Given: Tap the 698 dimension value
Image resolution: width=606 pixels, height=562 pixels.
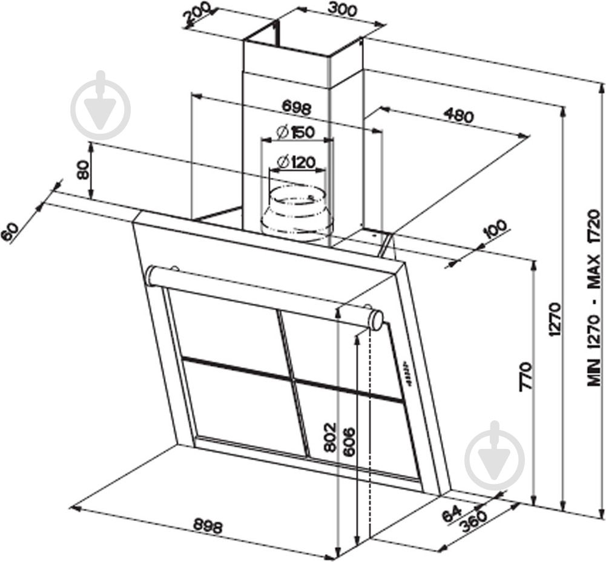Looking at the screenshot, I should (297, 108).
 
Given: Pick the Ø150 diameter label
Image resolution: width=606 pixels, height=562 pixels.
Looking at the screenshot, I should (295, 132).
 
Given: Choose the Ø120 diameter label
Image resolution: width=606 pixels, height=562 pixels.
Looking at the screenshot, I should (296, 162).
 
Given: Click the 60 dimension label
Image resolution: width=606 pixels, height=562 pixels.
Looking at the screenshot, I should (11, 232).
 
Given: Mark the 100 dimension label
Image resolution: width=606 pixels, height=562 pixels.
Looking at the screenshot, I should (495, 230).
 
